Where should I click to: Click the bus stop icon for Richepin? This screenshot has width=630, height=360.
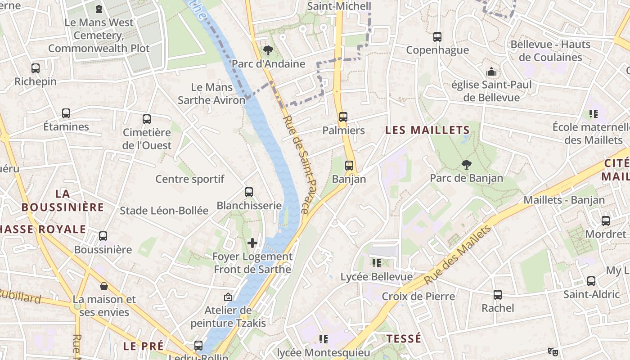(x=36, y=68)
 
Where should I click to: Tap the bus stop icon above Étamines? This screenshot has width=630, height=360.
(x=66, y=113)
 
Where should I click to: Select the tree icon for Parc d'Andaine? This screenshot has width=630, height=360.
(x=268, y=50)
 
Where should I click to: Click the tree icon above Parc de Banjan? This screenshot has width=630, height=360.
(x=467, y=165)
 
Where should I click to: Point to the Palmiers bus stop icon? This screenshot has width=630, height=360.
(x=343, y=117)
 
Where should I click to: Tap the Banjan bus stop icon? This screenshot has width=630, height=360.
(x=349, y=166)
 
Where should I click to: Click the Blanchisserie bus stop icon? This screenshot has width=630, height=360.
(x=249, y=192)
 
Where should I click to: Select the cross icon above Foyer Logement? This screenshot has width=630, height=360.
(x=252, y=243)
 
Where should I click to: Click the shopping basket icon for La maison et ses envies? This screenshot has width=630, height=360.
(x=104, y=286)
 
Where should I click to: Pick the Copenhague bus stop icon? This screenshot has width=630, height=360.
(x=437, y=37)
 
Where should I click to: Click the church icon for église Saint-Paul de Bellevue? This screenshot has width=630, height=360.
(x=491, y=72)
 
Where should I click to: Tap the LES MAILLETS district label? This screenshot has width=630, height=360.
(x=427, y=130)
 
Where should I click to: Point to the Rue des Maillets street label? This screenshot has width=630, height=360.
(x=458, y=255)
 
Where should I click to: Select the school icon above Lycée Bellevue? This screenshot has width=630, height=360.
(x=377, y=263)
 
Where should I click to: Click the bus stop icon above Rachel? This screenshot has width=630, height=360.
(x=498, y=295)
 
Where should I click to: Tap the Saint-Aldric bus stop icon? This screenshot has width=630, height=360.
(x=591, y=281)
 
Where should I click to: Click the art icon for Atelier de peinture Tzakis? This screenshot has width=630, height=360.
(x=228, y=297)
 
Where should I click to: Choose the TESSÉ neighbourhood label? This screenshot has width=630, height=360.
(x=404, y=338)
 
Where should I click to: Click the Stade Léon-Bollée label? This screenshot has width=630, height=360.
(x=164, y=211)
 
